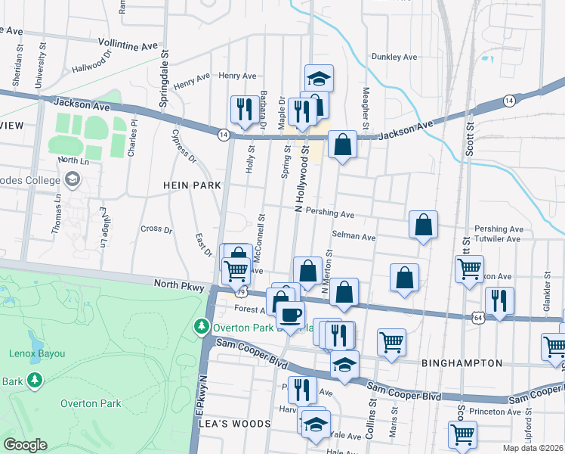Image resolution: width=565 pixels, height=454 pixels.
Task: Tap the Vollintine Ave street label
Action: click(x=128, y=46)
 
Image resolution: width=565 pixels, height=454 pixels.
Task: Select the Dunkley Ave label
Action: click(x=394, y=57)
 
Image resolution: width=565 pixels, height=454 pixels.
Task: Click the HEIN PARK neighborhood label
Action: click(x=193, y=185)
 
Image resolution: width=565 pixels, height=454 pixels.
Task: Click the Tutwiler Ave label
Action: click(x=497, y=239)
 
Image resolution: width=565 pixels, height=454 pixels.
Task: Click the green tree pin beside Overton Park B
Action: click(x=201, y=327)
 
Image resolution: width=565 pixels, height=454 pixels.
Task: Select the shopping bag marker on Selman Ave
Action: click(x=423, y=225)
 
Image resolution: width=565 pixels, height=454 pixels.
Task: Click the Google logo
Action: click(x=25, y=445)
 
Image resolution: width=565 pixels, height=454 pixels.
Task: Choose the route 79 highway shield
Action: click(x=240, y=291)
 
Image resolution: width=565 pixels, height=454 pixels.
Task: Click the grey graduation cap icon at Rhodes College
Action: click(x=72, y=179)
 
